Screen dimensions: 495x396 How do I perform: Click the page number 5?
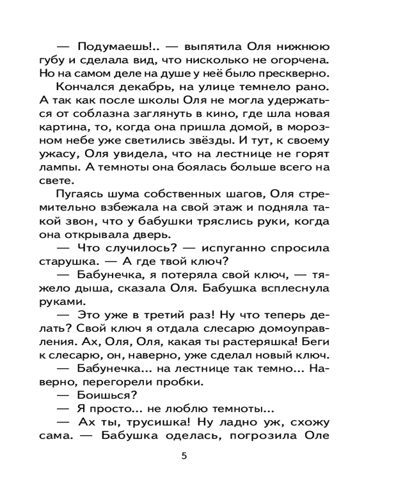[184, 456]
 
